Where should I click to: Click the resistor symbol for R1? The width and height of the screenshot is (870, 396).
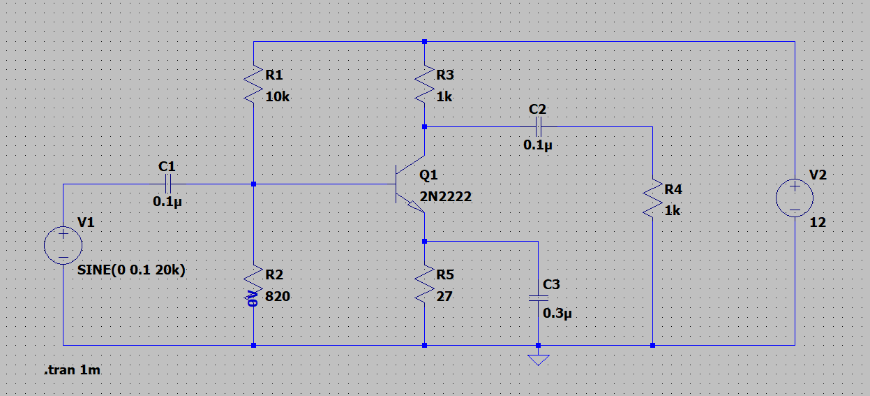point(253,85)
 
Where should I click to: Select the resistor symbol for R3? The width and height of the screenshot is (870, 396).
point(424,85)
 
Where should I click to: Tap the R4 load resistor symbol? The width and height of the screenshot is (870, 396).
point(652,199)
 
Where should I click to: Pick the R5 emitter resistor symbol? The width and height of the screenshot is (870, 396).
point(424,285)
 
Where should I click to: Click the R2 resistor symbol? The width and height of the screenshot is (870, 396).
point(253,285)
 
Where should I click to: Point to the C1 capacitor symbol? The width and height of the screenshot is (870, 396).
point(167,184)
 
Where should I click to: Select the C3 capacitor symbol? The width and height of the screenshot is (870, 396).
point(538,298)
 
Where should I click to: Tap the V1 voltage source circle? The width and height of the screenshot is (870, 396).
point(63,245)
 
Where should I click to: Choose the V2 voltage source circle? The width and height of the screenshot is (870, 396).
point(795,198)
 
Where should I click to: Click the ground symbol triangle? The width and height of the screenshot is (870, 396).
point(538,360)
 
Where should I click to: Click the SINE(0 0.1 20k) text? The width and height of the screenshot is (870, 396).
point(131,270)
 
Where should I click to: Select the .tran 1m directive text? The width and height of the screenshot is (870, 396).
point(72,371)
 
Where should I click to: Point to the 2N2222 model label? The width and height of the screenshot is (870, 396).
point(445,197)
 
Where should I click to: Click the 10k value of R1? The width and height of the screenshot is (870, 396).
point(277,97)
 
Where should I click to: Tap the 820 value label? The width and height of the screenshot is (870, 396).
point(278,296)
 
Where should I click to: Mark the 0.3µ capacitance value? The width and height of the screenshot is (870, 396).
point(557,314)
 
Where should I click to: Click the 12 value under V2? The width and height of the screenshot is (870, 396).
point(818,223)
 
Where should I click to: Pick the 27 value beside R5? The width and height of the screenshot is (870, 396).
point(444,296)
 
